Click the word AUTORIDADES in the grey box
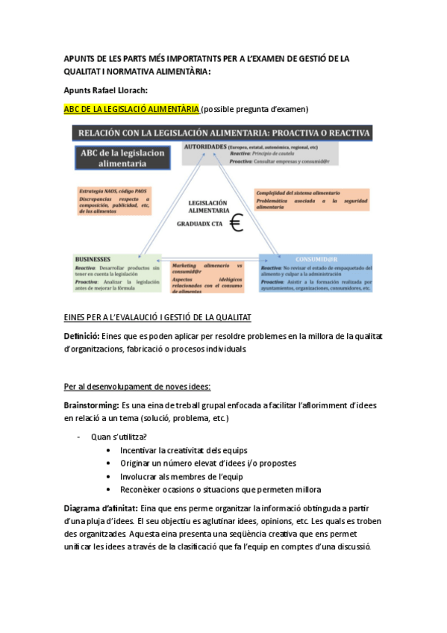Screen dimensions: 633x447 (204, 147)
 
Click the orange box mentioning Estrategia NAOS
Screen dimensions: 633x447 (114, 201)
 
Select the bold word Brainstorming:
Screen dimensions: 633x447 (91, 405)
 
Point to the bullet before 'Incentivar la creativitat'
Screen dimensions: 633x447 (109, 451)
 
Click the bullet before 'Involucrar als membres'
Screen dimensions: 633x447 (109, 476)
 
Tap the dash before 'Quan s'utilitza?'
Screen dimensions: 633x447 (78, 437)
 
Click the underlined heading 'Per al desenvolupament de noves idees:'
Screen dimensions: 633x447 (137, 386)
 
